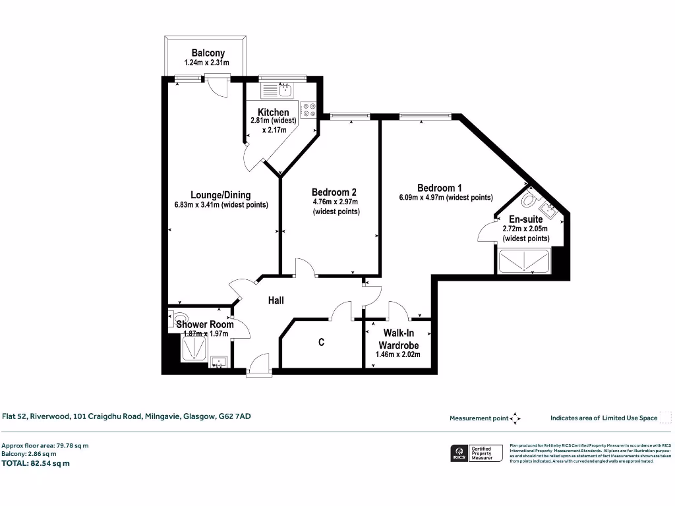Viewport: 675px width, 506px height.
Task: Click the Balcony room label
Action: [x=208, y=53]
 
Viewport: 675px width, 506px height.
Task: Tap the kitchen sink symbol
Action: [x=286, y=90]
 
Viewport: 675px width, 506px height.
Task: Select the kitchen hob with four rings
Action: [x=308, y=109]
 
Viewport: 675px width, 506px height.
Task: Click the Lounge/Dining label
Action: [x=220, y=194]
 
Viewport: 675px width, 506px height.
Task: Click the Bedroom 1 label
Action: [x=439, y=188]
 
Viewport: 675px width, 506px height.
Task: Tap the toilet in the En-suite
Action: [x=529, y=198]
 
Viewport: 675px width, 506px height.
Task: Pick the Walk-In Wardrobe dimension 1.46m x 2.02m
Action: [x=397, y=354]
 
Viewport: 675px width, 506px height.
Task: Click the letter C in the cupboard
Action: [x=322, y=343]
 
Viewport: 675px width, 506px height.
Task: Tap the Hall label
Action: [x=276, y=300]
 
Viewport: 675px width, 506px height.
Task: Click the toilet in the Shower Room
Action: [x=177, y=320]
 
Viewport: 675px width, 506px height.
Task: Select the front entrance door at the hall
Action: [x=258, y=364]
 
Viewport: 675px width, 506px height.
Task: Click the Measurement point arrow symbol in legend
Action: [x=515, y=418]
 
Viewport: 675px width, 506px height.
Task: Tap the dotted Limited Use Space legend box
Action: [x=665, y=417]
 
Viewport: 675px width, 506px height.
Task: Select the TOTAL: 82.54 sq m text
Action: [x=36, y=463]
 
